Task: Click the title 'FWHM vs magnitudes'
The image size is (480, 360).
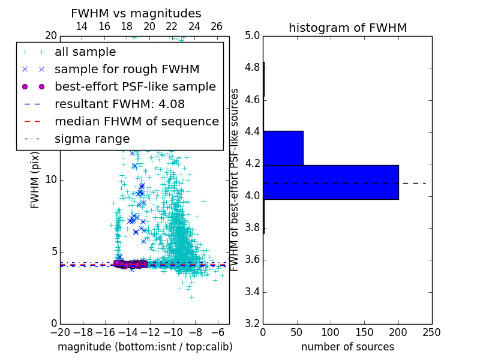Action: pyautogui.click(x=136, y=13)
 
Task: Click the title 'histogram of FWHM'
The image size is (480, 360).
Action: pyautogui.click(x=347, y=28)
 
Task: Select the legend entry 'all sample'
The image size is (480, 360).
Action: pyautogui.click(x=85, y=52)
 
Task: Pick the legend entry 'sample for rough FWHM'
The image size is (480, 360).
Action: pyautogui.click(x=127, y=70)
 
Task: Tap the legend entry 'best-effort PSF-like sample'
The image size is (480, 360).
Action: pyautogui.click(x=135, y=87)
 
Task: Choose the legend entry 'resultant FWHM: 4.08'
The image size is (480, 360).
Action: pyautogui.click(x=118, y=104)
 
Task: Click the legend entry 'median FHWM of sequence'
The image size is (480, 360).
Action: pyautogui.click(x=136, y=122)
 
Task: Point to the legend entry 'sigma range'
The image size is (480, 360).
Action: pyautogui.click(x=92, y=139)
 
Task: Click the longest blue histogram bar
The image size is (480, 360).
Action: pyautogui.click(x=331, y=182)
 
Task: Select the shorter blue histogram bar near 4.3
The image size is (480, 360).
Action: pyautogui.click(x=283, y=148)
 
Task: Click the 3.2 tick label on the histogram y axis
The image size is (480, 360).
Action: pyautogui.click(x=252, y=324)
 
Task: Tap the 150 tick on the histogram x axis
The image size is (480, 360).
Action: pyautogui.click(x=364, y=332)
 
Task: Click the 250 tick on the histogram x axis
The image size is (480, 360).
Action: pyautogui.click(x=431, y=332)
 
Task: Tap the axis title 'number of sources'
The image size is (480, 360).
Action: pyautogui.click(x=347, y=347)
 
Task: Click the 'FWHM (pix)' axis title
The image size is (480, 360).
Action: pyautogui.click(x=35, y=180)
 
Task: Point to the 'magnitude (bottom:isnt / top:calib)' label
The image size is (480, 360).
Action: pyautogui.click(x=145, y=347)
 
